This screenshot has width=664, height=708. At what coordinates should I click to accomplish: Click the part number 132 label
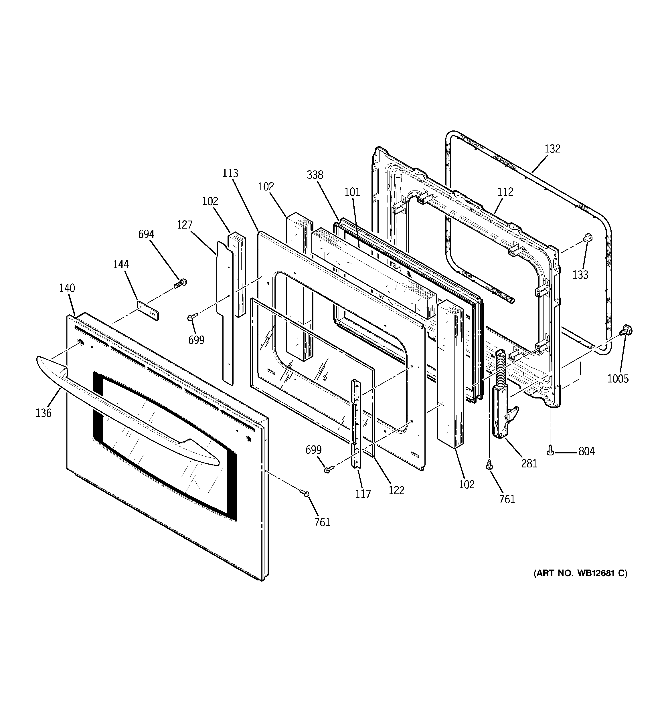coord(552,149)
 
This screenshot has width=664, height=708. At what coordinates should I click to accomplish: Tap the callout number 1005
coord(618,378)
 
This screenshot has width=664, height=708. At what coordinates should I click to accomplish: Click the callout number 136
coord(44,413)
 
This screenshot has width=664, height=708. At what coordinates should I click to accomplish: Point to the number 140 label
coord(67,288)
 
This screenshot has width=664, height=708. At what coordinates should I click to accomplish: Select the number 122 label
coord(396,490)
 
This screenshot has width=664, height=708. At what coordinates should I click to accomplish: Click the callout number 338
coord(315,174)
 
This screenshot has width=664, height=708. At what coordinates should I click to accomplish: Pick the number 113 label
coord(230,173)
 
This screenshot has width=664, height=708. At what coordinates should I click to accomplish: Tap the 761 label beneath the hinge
coord(507,499)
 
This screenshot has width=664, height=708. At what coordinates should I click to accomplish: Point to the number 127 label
coord(185,225)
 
